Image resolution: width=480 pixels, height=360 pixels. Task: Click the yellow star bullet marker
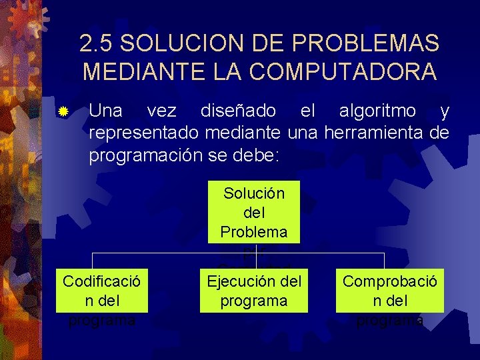pos(63,110)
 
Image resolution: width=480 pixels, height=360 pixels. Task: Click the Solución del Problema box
pos(253,212)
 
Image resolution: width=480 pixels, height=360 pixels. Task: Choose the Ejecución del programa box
pos(253,291)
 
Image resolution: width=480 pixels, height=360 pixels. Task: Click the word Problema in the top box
pos(253,231)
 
